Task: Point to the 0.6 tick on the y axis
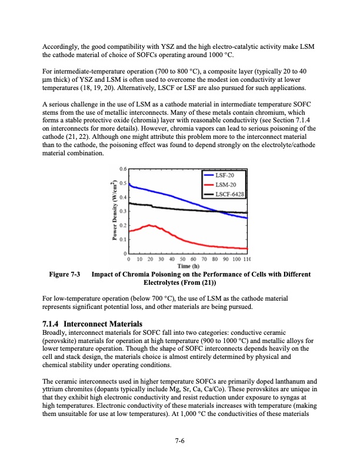[123, 169]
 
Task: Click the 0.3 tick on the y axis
[123, 211]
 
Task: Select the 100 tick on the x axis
[236, 258]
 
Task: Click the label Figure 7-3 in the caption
[61, 275]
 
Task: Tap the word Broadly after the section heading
[55, 333]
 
